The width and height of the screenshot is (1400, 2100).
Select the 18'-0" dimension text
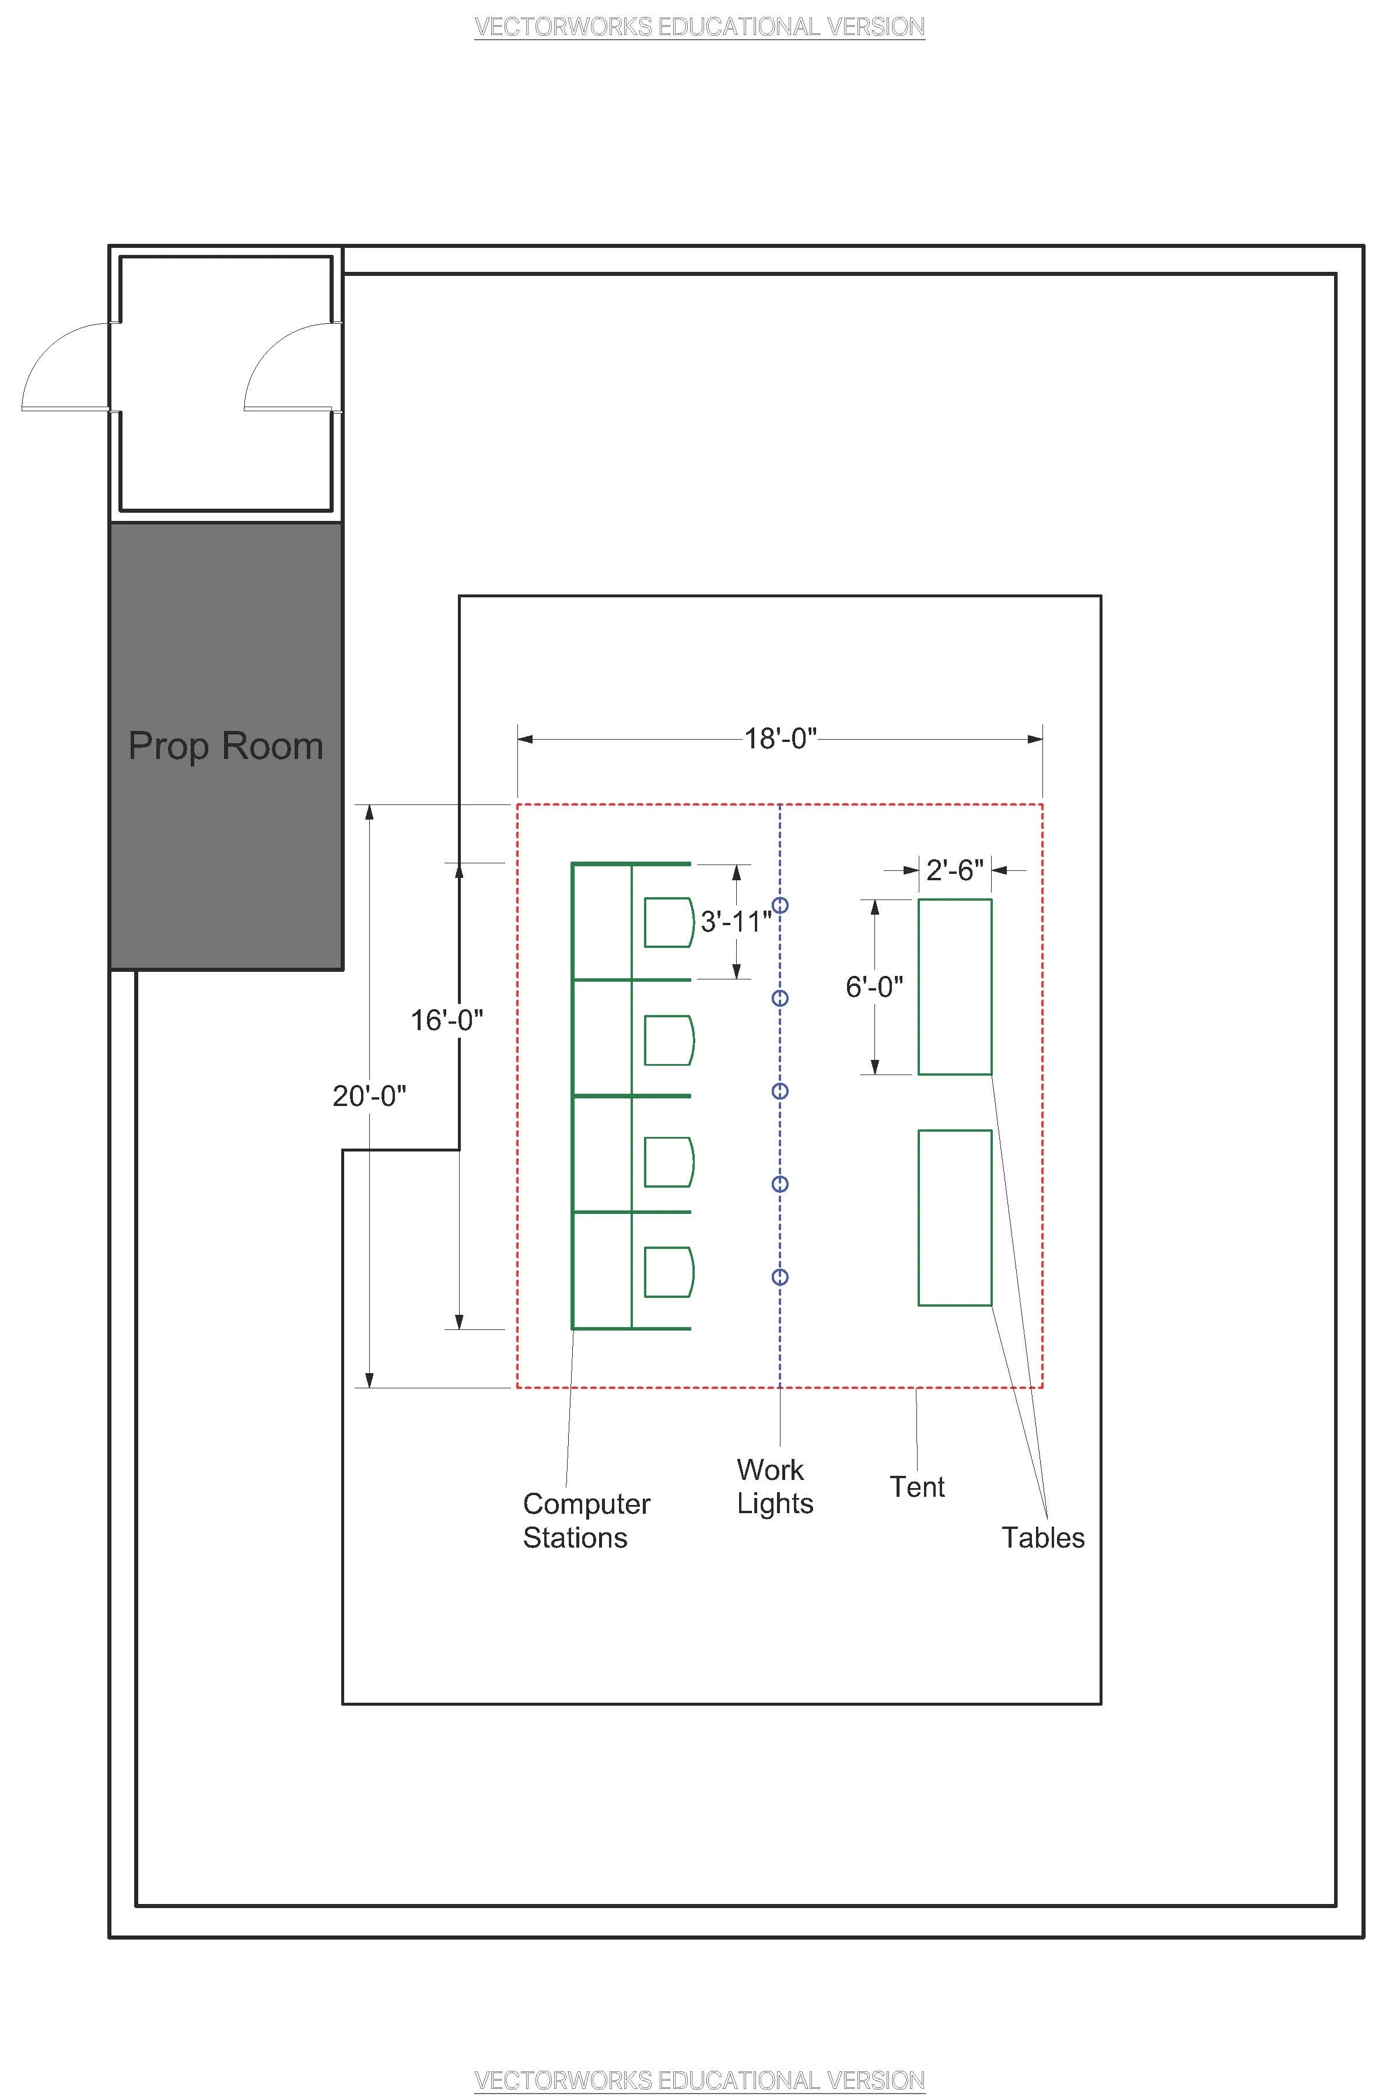781,738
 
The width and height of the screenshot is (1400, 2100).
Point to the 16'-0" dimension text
446,1020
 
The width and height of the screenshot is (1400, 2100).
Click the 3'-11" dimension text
736,922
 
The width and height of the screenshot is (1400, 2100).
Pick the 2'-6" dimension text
954,870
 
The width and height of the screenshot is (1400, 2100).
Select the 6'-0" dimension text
874,986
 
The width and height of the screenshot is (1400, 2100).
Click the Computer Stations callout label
587,1521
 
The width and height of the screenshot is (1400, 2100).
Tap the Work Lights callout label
775,1486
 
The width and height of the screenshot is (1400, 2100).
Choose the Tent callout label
917,1486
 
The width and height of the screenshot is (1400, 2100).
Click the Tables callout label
1043,1538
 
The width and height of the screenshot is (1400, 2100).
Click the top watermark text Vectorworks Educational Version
699,27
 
